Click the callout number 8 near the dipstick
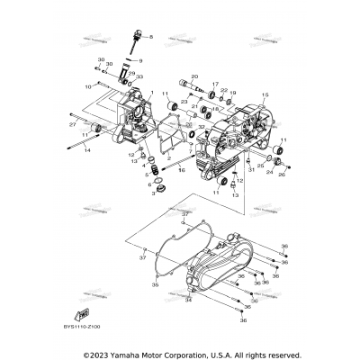tap(151, 37)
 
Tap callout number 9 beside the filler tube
tap(141, 60)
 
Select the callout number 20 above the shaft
tap(193, 77)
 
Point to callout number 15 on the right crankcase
tap(265, 94)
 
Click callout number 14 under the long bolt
tap(87, 151)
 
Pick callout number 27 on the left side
tap(72, 125)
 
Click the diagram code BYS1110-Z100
tap(82, 328)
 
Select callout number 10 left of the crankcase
tap(87, 86)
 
